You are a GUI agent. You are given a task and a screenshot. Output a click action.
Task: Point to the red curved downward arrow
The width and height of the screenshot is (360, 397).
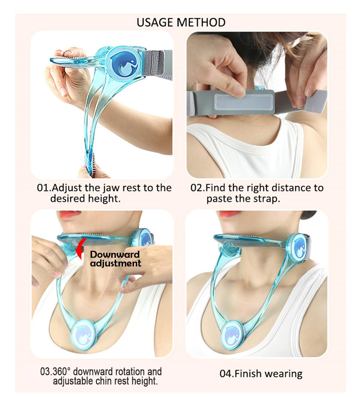pos(80,249)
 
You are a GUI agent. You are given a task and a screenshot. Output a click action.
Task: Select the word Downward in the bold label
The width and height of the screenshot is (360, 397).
pos(115,255)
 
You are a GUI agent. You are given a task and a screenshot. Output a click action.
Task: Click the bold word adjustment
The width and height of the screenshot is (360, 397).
pos(115,263)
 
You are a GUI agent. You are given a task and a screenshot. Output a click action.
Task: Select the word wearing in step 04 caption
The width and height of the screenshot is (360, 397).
pos(283,374)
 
